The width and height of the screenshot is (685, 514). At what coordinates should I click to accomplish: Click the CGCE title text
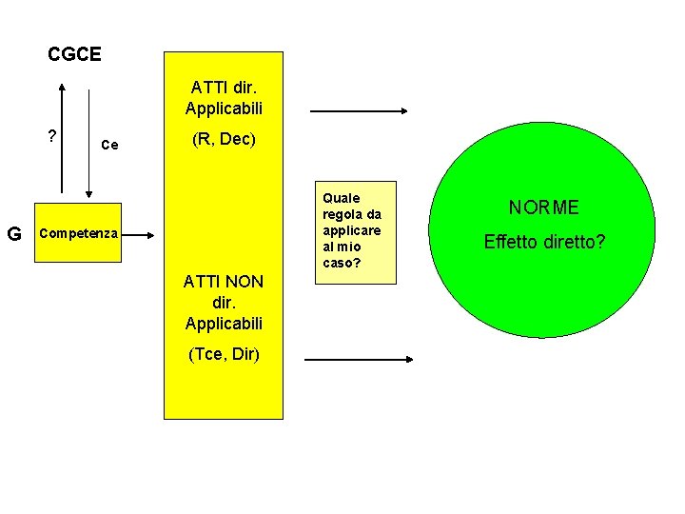pyautogui.click(x=74, y=55)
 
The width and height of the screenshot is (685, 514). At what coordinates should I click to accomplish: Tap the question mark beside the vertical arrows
pyautogui.click(x=53, y=136)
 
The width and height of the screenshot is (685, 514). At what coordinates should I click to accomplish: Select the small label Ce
pyautogui.click(x=109, y=145)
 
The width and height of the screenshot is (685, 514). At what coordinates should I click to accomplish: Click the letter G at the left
pyautogui.click(x=14, y=233)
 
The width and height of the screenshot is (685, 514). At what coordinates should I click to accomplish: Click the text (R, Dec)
pyautogui.click(x=224, y=140)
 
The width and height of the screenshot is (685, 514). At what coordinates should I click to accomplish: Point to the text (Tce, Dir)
pyautogui.click(x=224, y=355)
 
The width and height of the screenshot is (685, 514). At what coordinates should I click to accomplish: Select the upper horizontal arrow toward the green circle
pyautogui.click(x=359, y=112)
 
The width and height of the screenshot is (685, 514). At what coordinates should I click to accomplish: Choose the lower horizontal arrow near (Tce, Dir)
pyautogui.click(x=359, y=360)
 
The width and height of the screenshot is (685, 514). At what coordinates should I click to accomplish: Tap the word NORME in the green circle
pyautogui.click(x=543, y=208)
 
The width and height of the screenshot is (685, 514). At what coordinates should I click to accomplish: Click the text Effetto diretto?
pyautogui.click(x=544, y=242)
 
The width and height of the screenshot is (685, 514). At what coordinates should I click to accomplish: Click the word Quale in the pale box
pyautogui.click(x=342, y=198)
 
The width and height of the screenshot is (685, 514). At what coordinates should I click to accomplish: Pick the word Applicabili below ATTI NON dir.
pyautogui.click(x=224, y=324)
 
